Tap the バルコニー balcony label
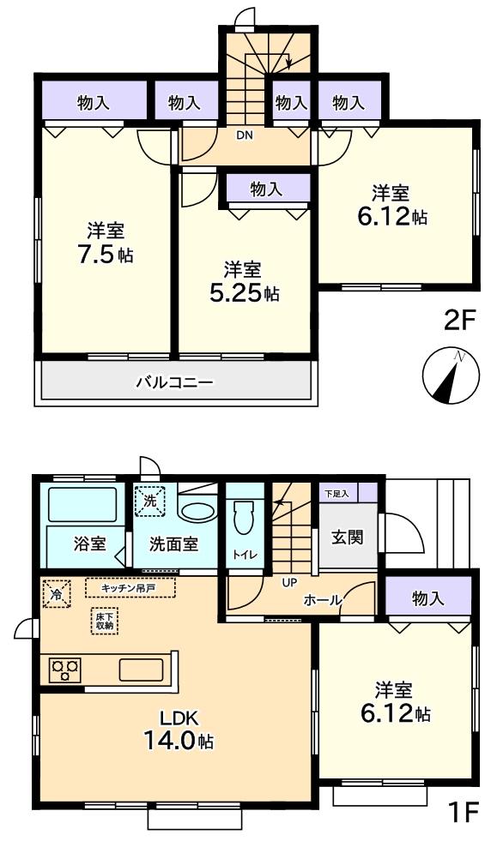tap(174, 381)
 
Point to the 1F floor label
tap(462, 812)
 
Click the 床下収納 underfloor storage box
tap(103, 622)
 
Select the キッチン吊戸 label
tap(130, 588)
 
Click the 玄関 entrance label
tap(347, 538)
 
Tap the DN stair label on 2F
tap(245, 134)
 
